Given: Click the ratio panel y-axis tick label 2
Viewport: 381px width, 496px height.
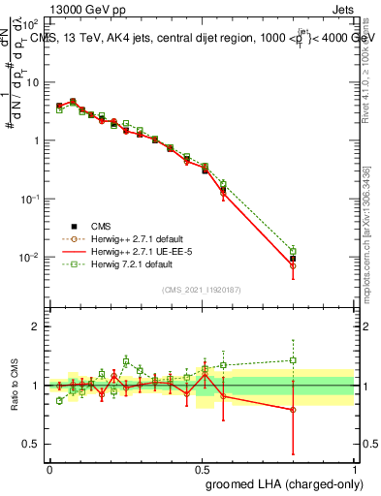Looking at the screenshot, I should [x=37, y=326].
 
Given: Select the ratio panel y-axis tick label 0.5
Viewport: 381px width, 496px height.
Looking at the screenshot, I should [x=32, y=445].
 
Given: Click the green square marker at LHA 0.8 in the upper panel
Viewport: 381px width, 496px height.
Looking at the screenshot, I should [x=293, y=251].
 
